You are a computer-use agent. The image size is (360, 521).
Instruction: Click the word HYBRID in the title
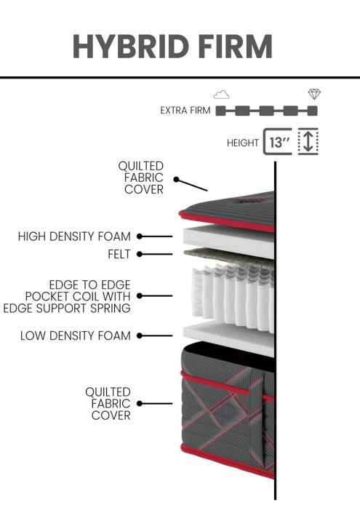pyautogui.click(x=131, y=46)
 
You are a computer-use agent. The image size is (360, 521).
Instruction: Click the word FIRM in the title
pyautogui.click(x=236, y=46)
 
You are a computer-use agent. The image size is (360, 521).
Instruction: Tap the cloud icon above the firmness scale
pyautogui.click(x=222, y=95)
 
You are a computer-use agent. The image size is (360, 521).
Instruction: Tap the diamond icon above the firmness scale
pyautogui.click(x=314, y=94)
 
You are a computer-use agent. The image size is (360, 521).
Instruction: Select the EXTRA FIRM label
pyautogui.click(x=185, y=111)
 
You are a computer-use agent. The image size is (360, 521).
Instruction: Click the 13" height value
pyautogui.click(x=279, y=143)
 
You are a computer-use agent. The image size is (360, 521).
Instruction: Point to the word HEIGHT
pyautogui.click(x=243, y=143)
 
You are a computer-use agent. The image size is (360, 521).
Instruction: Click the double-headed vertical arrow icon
pyautogui.click(x=308, y=141)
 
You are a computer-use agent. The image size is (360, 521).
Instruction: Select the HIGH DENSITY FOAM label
pyautogui.click(x=74, y=236)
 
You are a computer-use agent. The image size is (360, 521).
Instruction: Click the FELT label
pyautogui.click(x=119, y=254)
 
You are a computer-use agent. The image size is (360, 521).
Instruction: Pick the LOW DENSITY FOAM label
pyautogui.click(x=76, y=335)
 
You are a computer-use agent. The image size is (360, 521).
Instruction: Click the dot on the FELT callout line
pyautogui.click(x=140, y=254)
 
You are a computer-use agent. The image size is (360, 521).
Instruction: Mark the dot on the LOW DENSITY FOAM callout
pyautogui.click(x=140, y=335)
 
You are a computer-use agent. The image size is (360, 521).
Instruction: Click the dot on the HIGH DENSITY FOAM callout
pyautogui.click(x=140, y=236)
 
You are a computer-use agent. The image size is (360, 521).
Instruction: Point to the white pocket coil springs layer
pyautogui.click(x=233, y=298)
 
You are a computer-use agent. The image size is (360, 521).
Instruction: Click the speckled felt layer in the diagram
pyautogui.click(x=229, y=257)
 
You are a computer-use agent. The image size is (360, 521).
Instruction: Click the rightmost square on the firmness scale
pyautogui.click(x=312, y=111)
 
